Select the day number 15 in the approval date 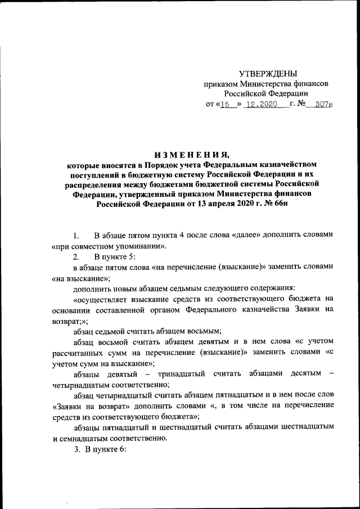[x=227, y=104]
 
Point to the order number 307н [x=324, y=104]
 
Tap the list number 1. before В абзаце [x=77, y=235]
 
